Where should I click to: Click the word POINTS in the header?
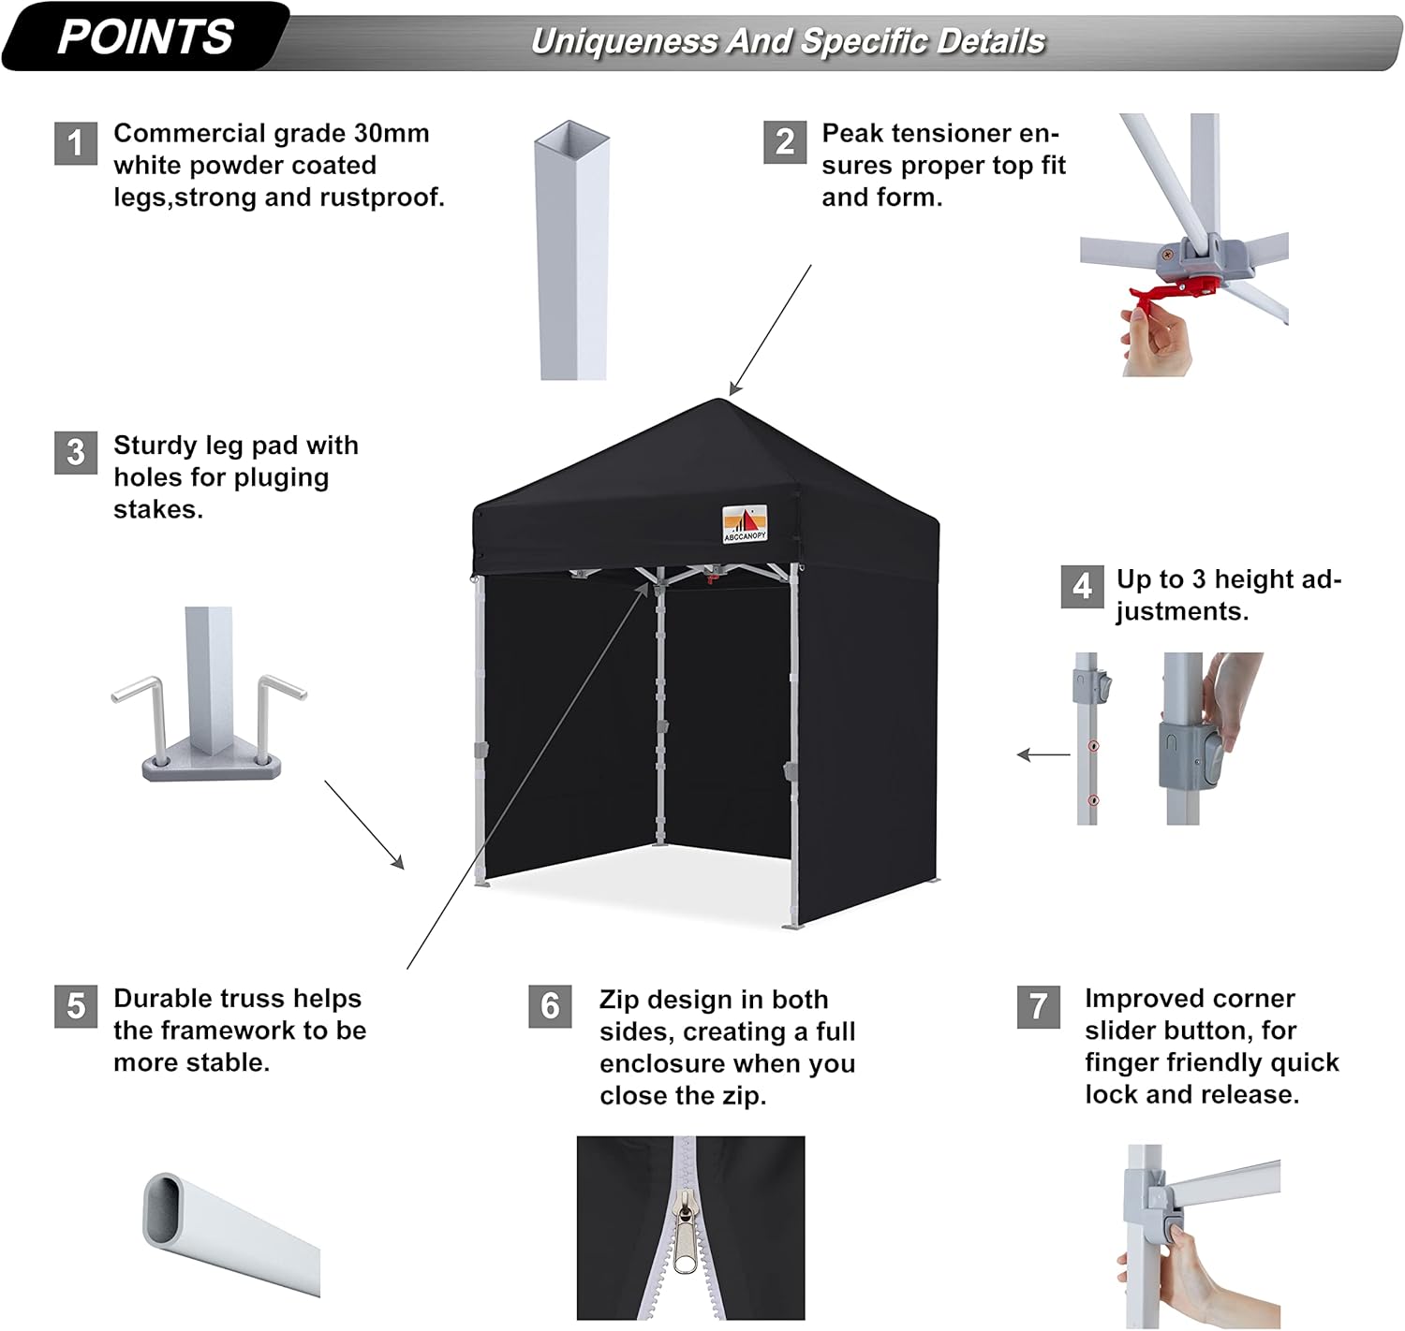[145, 37]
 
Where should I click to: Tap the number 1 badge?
[76, 143]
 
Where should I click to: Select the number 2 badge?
[785, 142]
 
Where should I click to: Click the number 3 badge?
[76, 453]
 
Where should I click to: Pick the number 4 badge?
[1082, 587]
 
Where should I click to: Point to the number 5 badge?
[76, 1006]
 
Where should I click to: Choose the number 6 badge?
[550, 1006]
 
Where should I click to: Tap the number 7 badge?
[1039, 1006]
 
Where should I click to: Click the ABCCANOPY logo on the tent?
[745, 523]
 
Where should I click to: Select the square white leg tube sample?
[572, 253]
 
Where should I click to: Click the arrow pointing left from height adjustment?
[1043, 754]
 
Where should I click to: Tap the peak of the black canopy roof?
[719, 402]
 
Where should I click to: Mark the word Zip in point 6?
[619, 1000]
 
